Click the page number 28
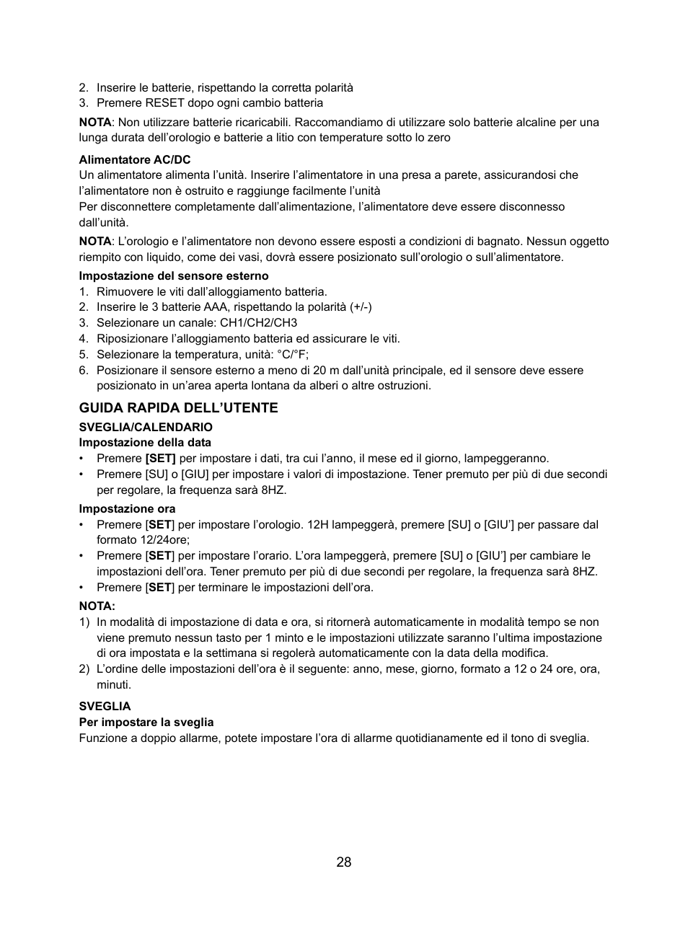click(343, 862)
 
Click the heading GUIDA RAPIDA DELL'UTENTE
click(178, 408)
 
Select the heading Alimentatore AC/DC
click(135, 159)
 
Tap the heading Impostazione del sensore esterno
click(173, 275)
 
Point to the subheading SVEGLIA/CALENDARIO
click(146, 427)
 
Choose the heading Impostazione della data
click(145, 442)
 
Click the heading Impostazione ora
click(127, 508)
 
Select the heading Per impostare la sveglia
click(146, 722)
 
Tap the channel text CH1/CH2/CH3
click(258, 323)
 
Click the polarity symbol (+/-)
click(361, 307)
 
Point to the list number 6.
click(83, 371)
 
